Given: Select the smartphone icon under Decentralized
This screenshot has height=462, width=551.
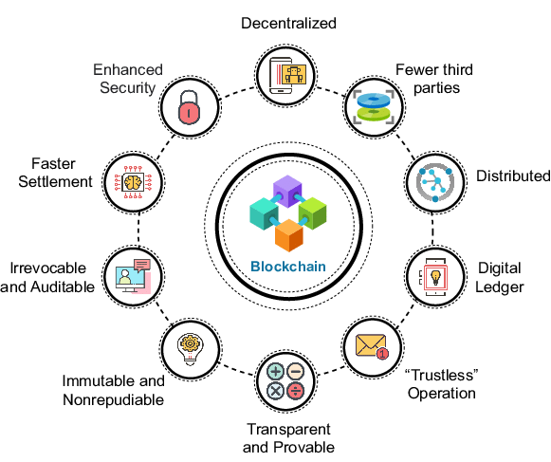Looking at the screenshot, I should (287, 73).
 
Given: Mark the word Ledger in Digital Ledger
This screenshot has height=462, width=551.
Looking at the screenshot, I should (501, 286).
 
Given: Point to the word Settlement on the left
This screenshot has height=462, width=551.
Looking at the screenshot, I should (58, 181).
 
